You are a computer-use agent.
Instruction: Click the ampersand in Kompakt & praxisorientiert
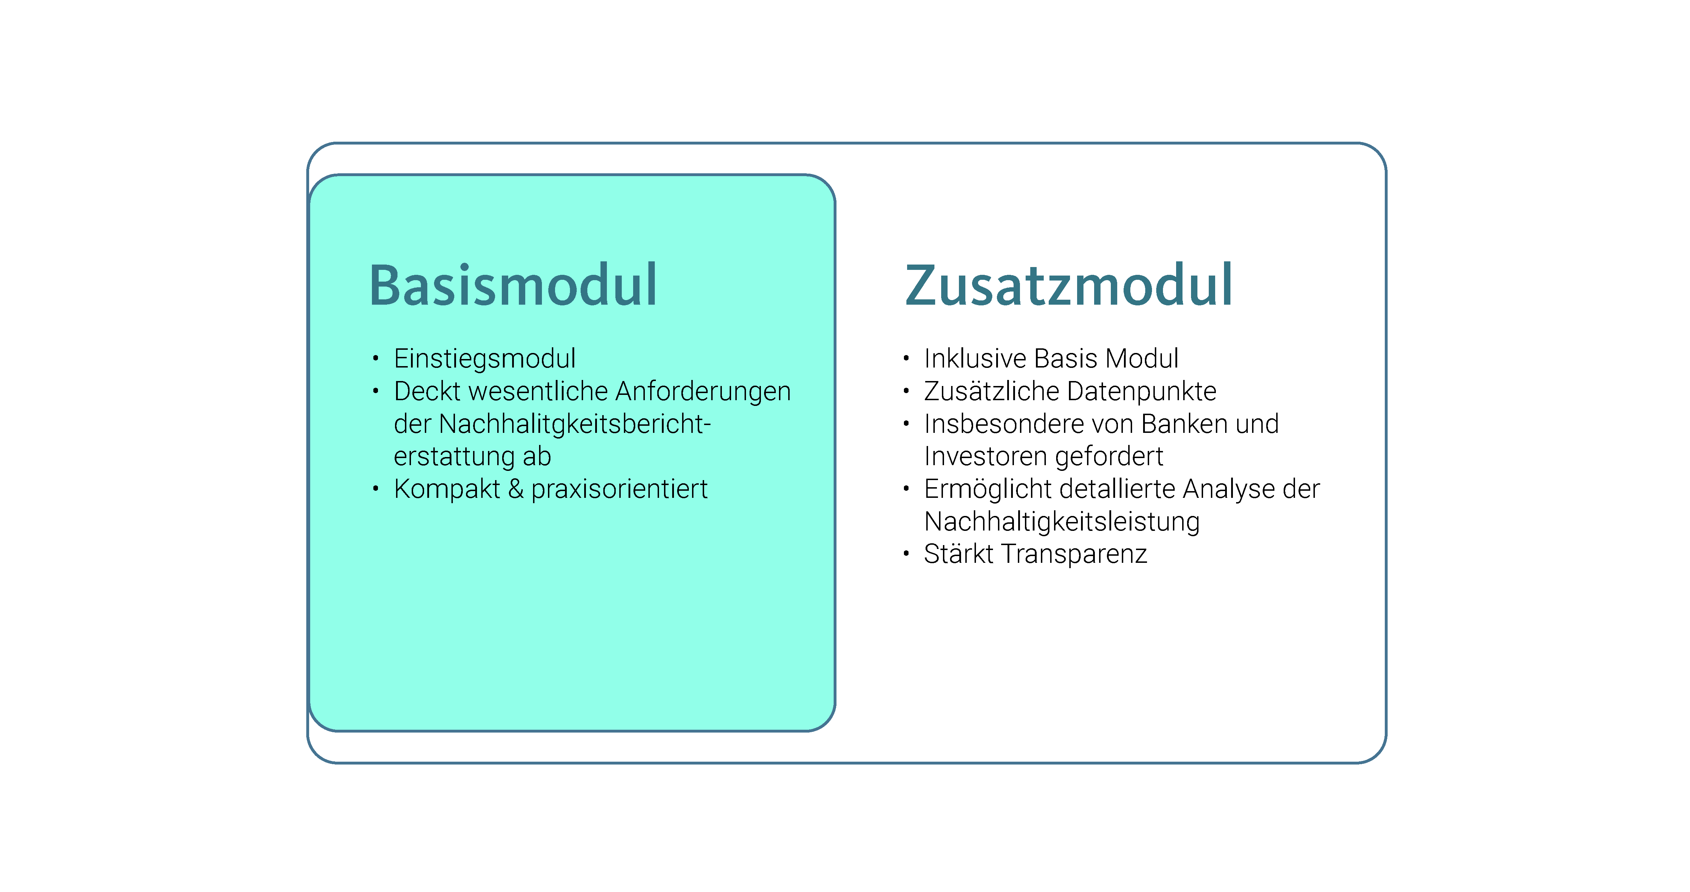[x=516, y=489]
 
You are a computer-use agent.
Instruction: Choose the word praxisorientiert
[x=619, y=490]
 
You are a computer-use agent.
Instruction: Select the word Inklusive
[x=976, y=358]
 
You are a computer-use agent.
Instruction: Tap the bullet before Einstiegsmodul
[x=375, y=358]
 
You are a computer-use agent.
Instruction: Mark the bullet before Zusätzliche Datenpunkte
[x=906, y=391]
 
